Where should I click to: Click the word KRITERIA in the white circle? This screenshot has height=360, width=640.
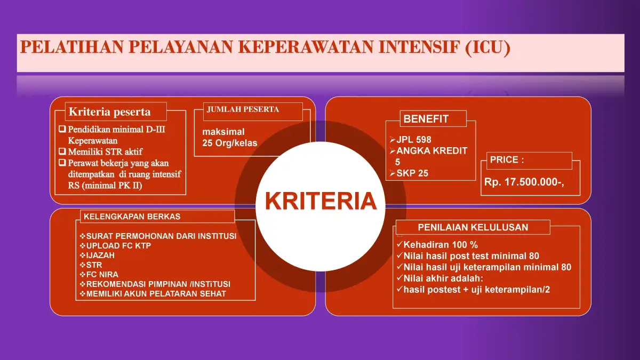[321, 201]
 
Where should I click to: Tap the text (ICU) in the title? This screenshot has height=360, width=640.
[487, 47]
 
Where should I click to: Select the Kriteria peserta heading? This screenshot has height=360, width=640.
[109, 111]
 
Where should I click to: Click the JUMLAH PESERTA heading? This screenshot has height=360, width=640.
[243, 109]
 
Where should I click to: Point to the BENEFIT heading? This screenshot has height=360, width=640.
[426, 119]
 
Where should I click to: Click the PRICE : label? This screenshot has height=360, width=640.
[507, 159]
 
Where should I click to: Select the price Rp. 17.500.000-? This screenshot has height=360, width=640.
[524, 182]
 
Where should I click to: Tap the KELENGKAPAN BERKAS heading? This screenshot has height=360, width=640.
[132, 217]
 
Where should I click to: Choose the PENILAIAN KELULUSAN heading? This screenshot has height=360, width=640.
[473, 227]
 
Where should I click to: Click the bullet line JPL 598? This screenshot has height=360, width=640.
[411, 140]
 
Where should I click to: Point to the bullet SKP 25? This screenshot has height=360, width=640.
[409, 173]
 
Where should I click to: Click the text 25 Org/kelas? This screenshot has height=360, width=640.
[230, 143]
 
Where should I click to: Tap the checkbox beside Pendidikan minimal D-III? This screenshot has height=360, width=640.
[62, 129]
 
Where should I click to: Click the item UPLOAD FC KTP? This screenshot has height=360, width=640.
[115, 246]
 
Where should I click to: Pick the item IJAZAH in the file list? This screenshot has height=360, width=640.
[97, 255]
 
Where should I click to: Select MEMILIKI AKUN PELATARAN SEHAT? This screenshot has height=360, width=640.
[153, 294]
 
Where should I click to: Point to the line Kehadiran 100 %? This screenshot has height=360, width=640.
[437, 245]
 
